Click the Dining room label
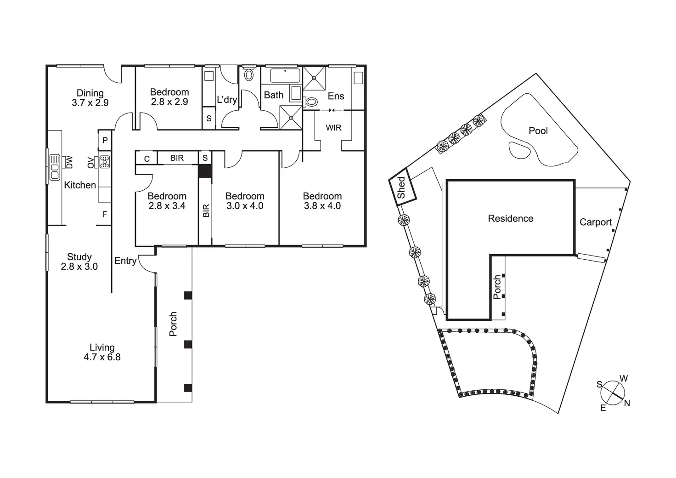90,93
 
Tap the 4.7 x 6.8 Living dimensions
102,357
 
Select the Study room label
79,257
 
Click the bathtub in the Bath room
285,75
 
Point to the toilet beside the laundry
249,74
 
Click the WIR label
333,128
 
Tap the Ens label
336,96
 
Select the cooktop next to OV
105,162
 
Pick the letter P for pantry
105,140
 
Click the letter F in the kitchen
105,214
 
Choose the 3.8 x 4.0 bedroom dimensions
322,206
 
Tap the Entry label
125,261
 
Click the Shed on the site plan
402,188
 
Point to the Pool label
538,131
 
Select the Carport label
596,222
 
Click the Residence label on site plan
510,218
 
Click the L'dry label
227,99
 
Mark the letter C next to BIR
147,159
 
